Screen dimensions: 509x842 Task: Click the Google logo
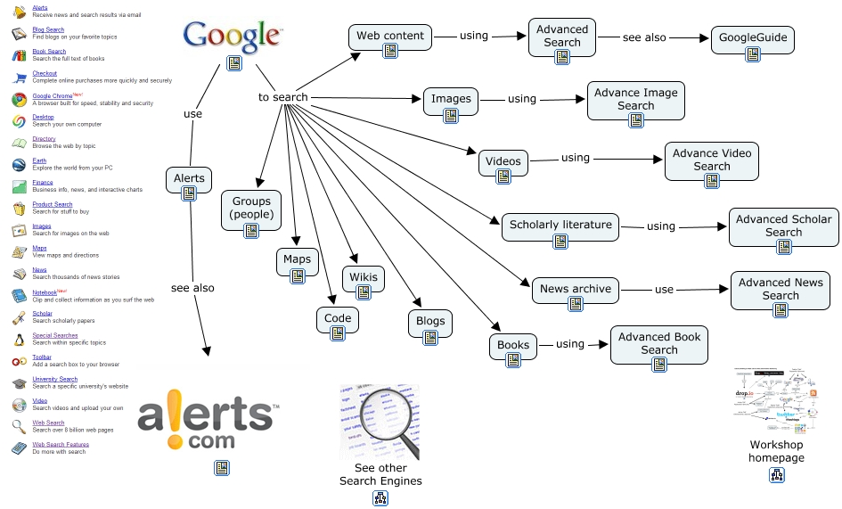click(233, 37)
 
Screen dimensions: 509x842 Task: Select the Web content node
click(390, 37)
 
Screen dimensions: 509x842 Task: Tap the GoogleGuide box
click(752, 40)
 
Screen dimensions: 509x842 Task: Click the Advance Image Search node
click(635, 99)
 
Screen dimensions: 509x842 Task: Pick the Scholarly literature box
click(560, 226)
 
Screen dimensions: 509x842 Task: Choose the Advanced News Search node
click(781, 289)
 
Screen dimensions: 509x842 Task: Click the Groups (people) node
click(251, 209)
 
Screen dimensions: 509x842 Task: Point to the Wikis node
click(363, 276)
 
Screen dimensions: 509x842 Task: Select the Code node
click(338, 318)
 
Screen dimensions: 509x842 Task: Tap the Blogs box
click(429, 322)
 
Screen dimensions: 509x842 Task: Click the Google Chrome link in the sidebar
click(53, 96)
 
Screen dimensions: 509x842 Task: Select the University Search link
click(54, 379)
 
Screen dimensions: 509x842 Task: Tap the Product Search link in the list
click(53, 204)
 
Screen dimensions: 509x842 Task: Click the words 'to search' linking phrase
click(283, 97)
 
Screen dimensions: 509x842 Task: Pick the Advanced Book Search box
click(658, 343)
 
